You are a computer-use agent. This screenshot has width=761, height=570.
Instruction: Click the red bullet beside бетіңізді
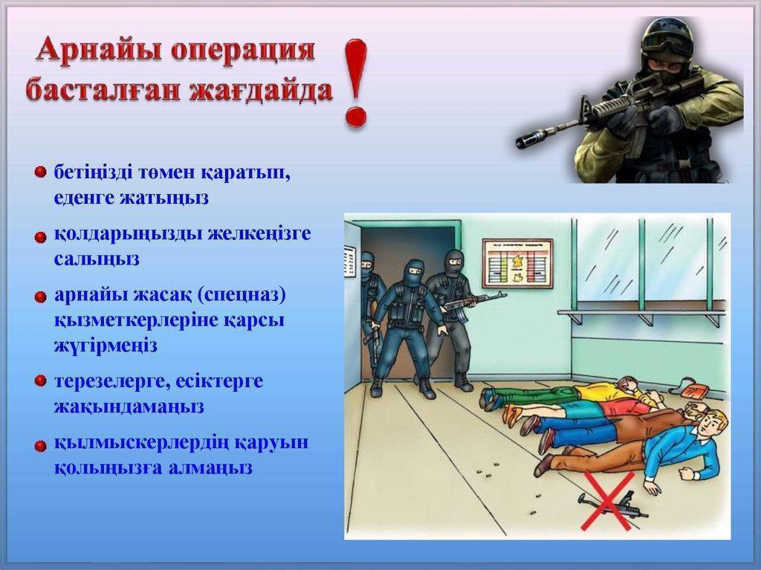click(x=41, y=172)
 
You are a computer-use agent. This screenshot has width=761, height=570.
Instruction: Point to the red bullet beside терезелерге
click(x=41, y=380)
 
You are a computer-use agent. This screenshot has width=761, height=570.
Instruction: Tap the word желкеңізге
click(x=259, y=235)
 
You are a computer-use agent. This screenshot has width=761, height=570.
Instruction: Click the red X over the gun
click(x=608, y=500)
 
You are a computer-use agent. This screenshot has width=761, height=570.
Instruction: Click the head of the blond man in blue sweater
click(x=711, y=422)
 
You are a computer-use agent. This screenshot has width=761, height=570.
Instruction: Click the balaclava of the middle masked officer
click(x=414, y=271)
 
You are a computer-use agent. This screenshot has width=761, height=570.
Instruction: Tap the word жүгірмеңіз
click(x=106, y=346)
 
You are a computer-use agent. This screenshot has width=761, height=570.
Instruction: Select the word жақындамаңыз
click(x=129, y=407)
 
